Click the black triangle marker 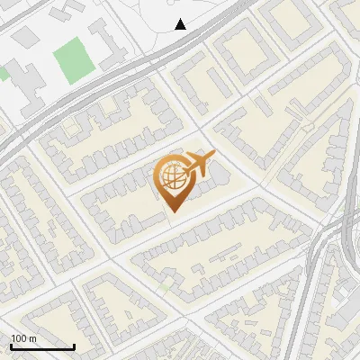click(x=181, y=24)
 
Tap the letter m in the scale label click(x=32, y=338)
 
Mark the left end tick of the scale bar click(x=12, y=346)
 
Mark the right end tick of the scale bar click(x=74, y=346)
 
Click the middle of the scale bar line click(x=42, y=347)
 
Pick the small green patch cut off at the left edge click(x=3, y=74)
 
